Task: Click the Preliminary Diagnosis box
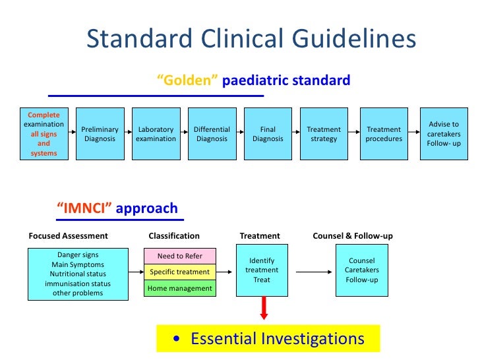coord(100,135)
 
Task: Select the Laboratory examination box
coord(156,135)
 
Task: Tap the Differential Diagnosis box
coord(212,135)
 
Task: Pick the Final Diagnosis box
coord(268,135)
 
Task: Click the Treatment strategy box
coord(324,135)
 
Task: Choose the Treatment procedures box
coord(384,135)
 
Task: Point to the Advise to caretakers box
coord(444,134)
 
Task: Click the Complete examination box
coord(44,134)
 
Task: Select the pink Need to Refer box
coord(180,256)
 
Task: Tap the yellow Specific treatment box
coord(180,272)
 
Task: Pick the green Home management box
coord(180,288)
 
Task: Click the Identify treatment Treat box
coord(262,270)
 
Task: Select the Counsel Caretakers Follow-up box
coord(362,270)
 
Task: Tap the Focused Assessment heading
coord(68,235)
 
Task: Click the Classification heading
coord(174,235)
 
